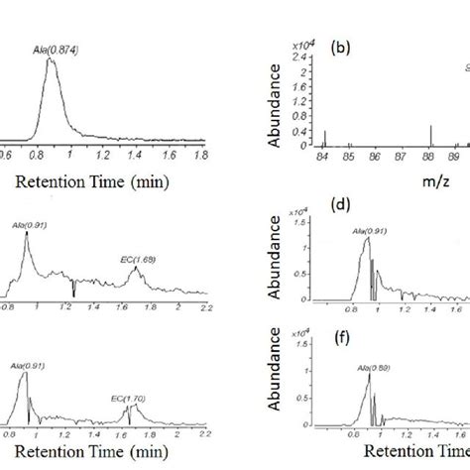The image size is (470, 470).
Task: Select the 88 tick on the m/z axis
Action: coord(430,156)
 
